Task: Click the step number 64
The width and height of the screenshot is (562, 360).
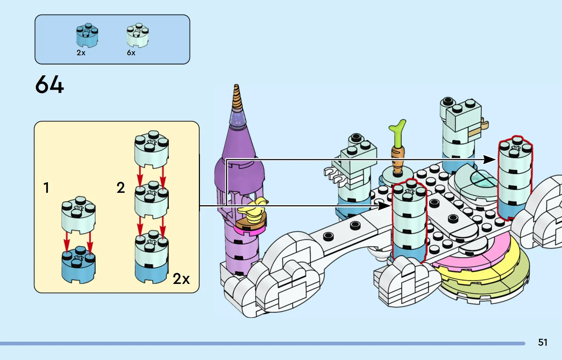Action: coord(49,85)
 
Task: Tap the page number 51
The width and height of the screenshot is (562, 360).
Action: coord(543,342)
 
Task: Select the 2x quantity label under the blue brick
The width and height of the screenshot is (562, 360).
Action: coord(81,53)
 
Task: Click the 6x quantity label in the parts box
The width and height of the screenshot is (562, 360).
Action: coord(131,53)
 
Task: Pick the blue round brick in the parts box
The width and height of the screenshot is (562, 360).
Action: coord(87,35)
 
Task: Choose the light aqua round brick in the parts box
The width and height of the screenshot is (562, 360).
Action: coord(137,35)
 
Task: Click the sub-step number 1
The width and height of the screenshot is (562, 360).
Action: coord(46,188)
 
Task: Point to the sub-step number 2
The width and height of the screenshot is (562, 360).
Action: coord(121,188)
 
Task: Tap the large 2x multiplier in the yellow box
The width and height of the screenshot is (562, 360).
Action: coord(181,279)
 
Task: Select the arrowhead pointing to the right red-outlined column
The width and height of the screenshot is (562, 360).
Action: coord(490,160)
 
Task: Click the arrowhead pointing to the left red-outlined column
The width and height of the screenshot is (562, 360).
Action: coord(384,206)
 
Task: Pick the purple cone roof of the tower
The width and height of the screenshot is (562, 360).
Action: coord(238,146)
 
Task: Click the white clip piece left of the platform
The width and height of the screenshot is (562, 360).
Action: coord(335,175)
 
